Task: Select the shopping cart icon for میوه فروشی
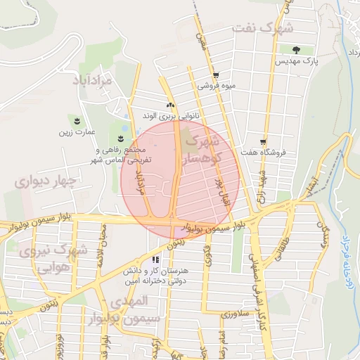click(216, 75)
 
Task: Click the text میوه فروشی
click(216, 86)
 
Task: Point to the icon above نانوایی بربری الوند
click(169, 105)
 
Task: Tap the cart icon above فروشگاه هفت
click(263, 141)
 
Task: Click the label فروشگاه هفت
click(260, 152)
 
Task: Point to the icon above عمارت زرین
click(77, 121)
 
